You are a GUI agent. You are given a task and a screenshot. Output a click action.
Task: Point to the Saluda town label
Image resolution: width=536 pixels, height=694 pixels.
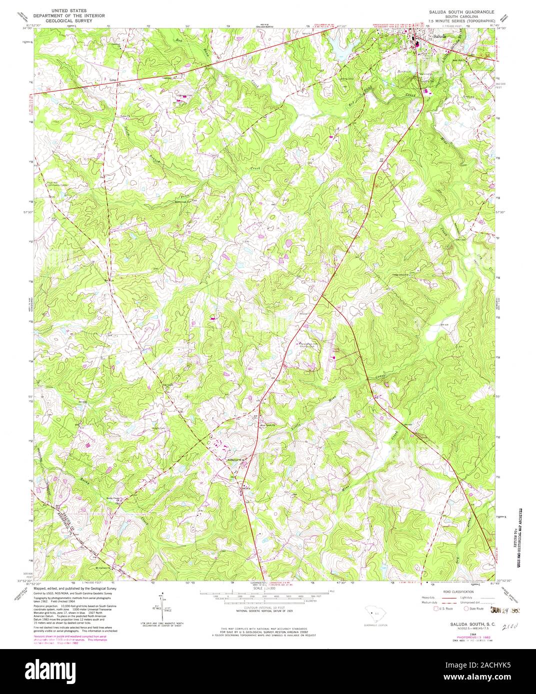[x=439, y=36]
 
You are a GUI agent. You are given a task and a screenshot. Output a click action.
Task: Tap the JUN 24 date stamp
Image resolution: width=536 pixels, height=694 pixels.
[x=502, y=609]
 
